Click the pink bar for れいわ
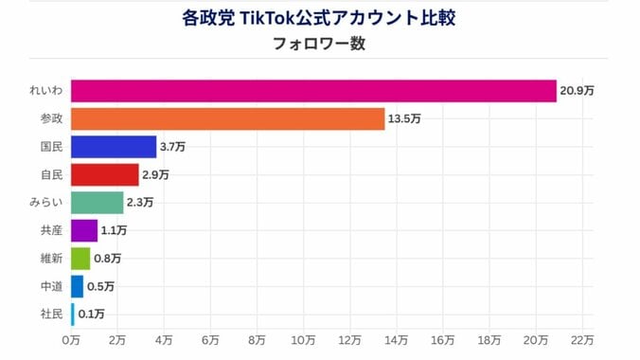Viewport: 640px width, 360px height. click(312, 91)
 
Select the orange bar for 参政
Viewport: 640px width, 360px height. click(227, 119)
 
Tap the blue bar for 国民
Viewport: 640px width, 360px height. click(114, 147)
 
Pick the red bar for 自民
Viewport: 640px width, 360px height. click(104, 175)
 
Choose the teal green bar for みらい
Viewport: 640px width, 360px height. click(98, 203)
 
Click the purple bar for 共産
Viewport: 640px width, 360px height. click(83, 230)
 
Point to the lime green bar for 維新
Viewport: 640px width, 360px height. click(80, 258)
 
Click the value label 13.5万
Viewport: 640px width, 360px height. click(404, 119)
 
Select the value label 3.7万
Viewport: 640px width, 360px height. click(172, 147)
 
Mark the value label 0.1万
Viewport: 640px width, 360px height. click(92, 314)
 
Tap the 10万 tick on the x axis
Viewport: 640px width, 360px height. click(303, 339)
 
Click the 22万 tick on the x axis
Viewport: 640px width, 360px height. click(582, 339)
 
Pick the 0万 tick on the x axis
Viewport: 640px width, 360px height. click(71, 339)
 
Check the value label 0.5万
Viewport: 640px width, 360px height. click(100, 286)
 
